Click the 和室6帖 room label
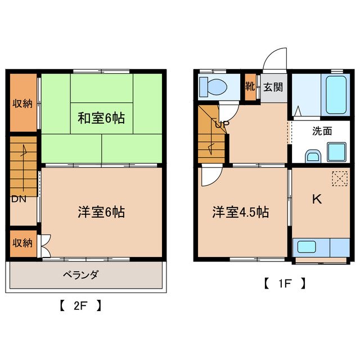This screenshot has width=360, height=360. click(x=101, y=119)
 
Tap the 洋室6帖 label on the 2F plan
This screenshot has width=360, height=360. click(x=101, y=212)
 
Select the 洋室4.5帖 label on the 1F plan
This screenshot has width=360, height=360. click(x=240, y=212)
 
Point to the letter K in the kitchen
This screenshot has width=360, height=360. click(x=317, y=198)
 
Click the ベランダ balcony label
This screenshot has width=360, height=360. click(x=80, y=275)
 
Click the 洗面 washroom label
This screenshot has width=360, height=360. click(x=322, y=130)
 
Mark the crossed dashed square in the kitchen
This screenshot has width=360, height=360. click(x=340, y=179)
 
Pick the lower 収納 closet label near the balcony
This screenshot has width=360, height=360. click(x=23, y=243)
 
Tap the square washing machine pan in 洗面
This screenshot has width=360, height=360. click(x=337, y=152)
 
